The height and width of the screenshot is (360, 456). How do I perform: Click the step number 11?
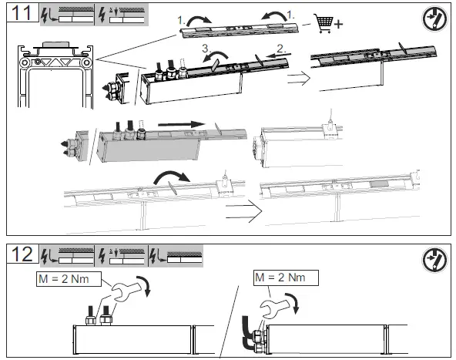click(x=20, y=15)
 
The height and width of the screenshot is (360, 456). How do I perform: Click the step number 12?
click(x=20, y=255)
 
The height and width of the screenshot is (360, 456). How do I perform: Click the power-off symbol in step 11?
click(x=435, y=20)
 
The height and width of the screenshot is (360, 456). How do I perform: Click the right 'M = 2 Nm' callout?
click(x=278, y=275)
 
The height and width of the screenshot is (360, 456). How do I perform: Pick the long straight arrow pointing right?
click(x=170, y=123)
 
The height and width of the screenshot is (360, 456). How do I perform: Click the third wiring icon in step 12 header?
click(x=176, y=255)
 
